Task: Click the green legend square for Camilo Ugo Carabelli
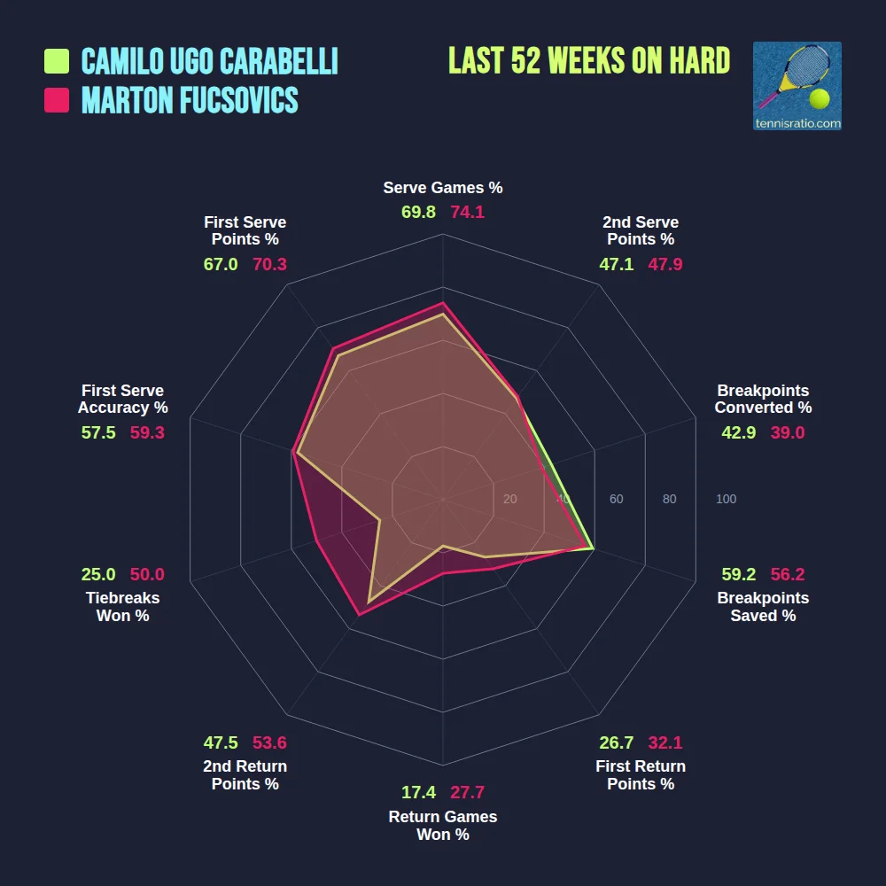click(57, 61)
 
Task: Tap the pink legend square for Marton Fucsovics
click(57, 100)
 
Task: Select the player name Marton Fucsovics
click(190, 100)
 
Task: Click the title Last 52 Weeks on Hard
click(589, 61)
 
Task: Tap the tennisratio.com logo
click(797, 86)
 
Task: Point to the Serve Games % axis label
click(443, 188)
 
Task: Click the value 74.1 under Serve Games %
click(468, 213)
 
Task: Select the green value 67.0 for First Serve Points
click(221, 264)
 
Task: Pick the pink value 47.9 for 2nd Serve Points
click(664, 264)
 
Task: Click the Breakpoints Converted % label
click(763, 399)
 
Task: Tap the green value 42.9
click(740, 432)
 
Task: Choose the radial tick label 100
click(726, 500)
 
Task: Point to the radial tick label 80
click(669, 500)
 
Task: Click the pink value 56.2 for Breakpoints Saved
click(787, 574)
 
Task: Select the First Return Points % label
click(641, 775)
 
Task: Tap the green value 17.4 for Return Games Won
click(418, 793)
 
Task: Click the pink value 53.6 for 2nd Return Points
click(269, 742)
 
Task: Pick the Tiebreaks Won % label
click(122, 607)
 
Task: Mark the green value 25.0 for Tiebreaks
click(97, 574)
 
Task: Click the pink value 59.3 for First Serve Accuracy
click(147, 432)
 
